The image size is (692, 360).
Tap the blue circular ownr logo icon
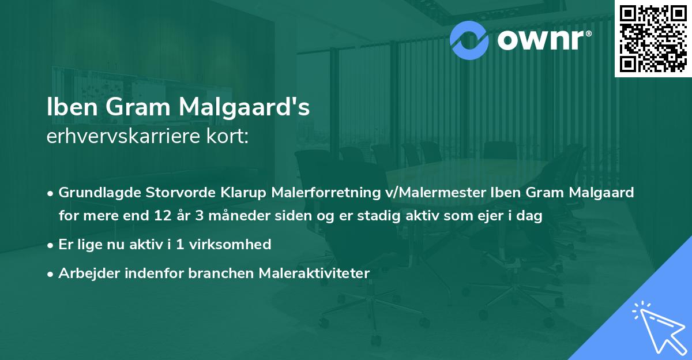470,39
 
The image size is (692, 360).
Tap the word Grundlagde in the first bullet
96,193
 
